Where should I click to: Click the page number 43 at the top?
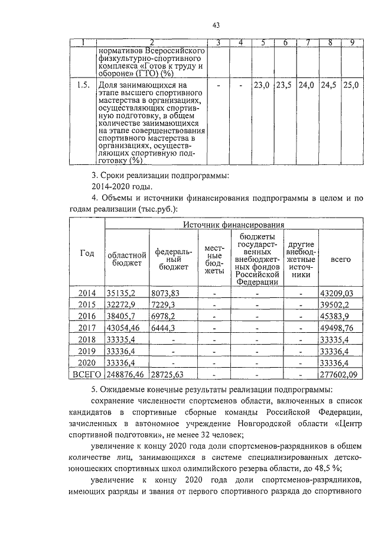pos(216,24)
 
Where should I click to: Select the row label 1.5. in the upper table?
pos(82,86)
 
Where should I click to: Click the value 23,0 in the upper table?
pos(261,86)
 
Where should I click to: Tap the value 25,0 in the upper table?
pos(352,86)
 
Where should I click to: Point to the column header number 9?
pos(352,42)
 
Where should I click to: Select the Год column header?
pos(87,253)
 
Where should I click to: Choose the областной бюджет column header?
pos(126,258)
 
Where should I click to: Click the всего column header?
pos(340,258)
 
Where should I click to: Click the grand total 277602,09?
pos(340,374)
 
